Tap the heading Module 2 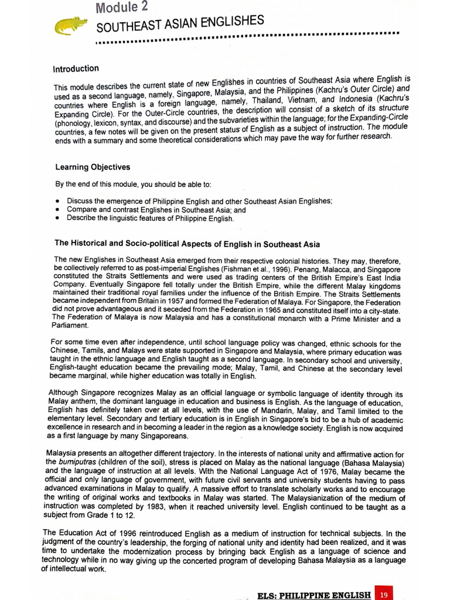coord(122,8)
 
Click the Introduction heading coord(76,69)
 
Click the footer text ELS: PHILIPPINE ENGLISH coord(314,595)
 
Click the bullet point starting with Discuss coord(59,200)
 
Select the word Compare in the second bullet coord(81,209)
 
